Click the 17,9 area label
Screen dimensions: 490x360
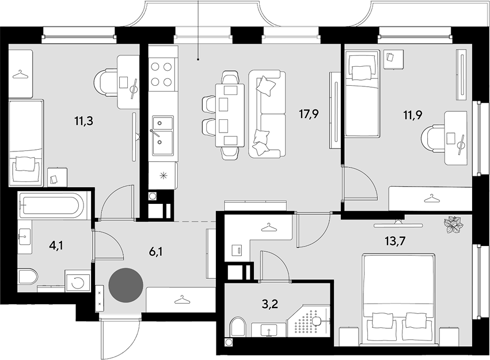coord(309,114)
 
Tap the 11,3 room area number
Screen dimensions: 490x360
coord(83,120)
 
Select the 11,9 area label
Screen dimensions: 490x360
coord(413,115)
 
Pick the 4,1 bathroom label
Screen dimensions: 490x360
coord(56,246)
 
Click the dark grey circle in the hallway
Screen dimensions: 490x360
coord(126,285)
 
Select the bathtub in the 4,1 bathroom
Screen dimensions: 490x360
coord(51,204)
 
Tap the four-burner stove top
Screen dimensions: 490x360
coord(161,74)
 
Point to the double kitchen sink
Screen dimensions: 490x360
coord(162,135)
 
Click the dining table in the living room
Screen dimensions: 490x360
coord(230,115)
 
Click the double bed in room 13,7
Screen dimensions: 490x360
coord(398,300)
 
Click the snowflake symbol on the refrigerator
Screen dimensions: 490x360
coord(163,176)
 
